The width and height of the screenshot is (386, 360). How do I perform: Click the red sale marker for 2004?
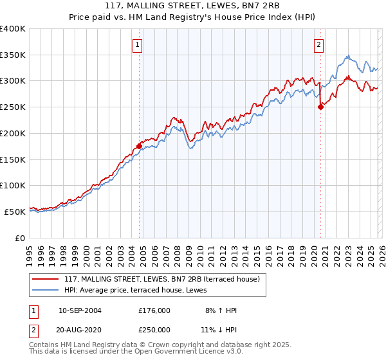pos(139,146)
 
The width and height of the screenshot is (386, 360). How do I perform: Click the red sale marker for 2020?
pos(320,107)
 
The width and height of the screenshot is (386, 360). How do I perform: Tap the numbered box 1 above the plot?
pos(138,44)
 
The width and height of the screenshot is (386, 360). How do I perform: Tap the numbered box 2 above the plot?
pos(319,44)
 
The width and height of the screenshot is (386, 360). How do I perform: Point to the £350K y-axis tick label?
pos(13,55)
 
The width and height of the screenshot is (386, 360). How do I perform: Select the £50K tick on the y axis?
pos(15,212)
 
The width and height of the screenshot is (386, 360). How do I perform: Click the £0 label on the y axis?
pos(19,238)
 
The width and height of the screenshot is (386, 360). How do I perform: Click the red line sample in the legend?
pos(46,279)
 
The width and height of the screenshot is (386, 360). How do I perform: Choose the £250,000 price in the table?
pos(154,328)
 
